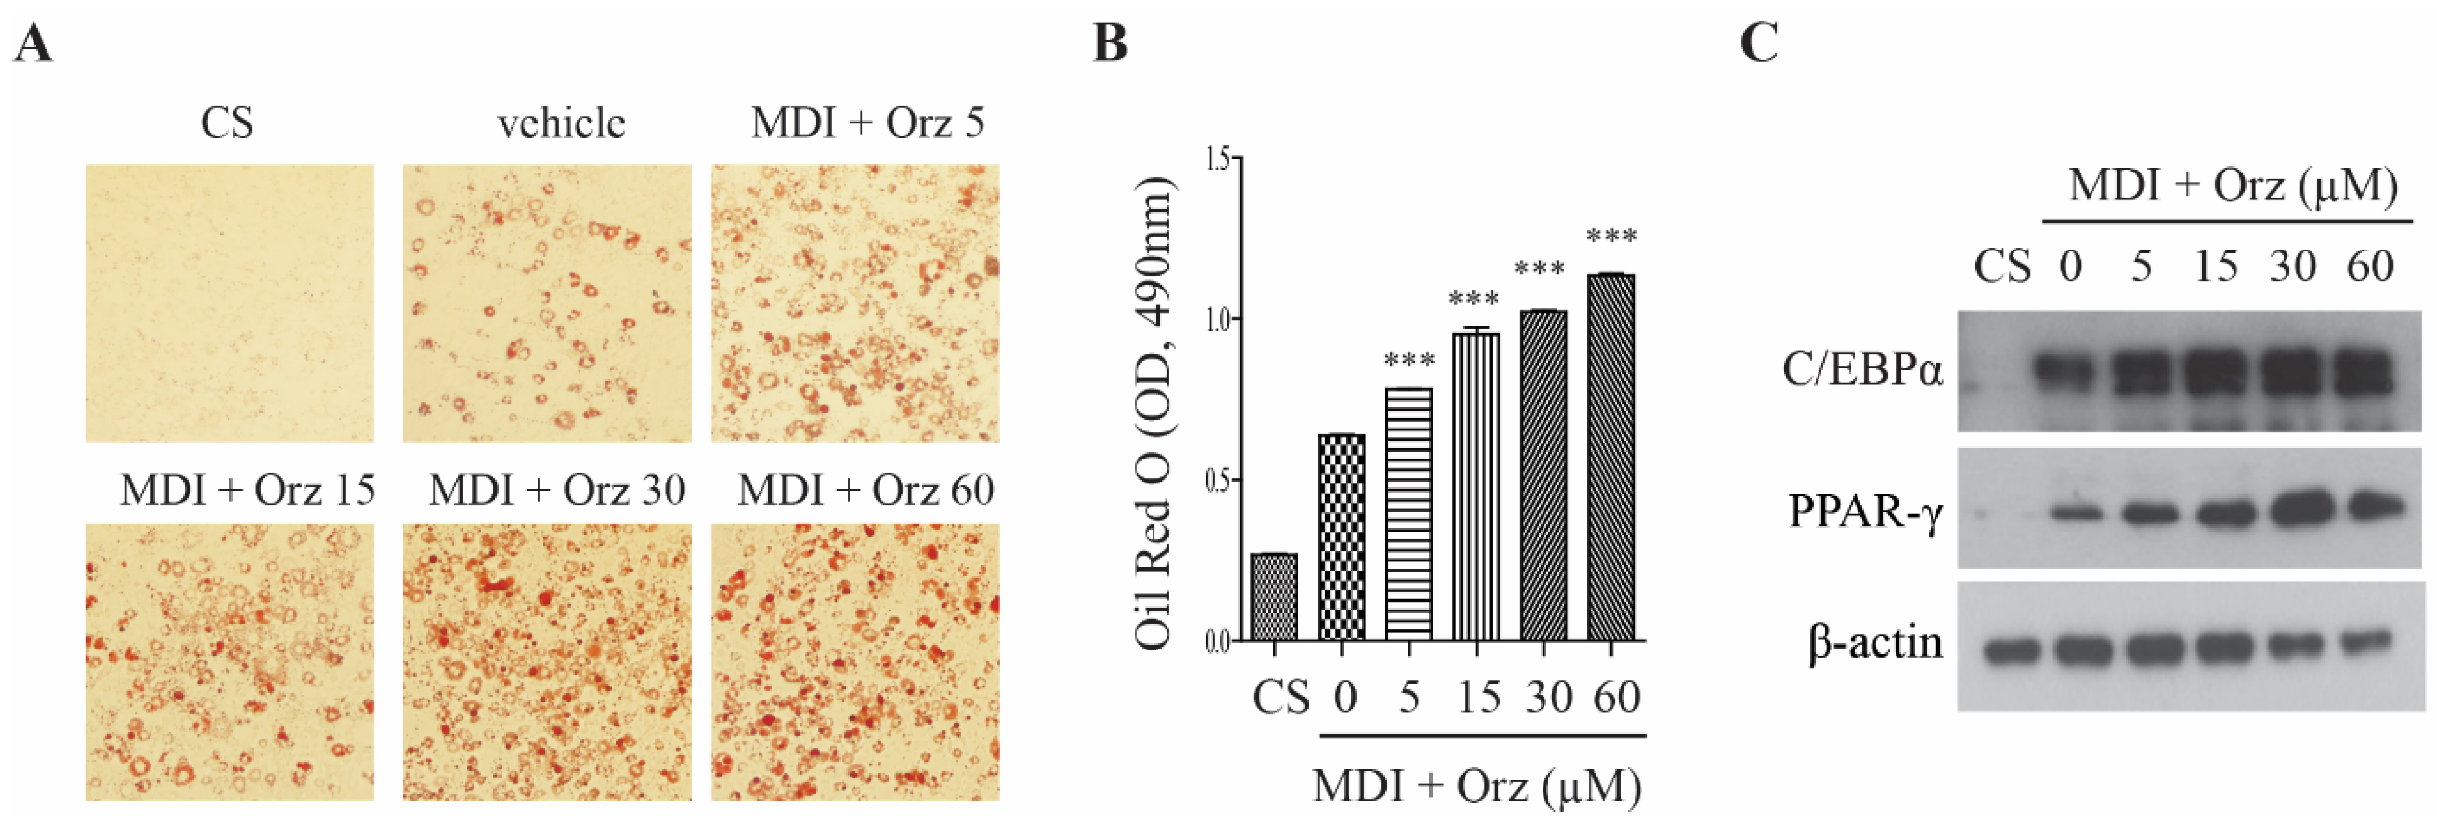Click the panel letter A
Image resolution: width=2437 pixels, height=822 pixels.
(x=33, y=44)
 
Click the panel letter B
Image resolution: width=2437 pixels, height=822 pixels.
(x=1110, y=44)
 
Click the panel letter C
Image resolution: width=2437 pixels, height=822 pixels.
(x=1759, y=44)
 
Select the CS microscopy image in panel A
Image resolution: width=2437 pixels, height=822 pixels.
(x=230, y=303)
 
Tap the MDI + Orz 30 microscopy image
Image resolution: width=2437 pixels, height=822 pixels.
(x=547, y=662)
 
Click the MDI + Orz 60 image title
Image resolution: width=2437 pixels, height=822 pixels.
(x=866, y=490)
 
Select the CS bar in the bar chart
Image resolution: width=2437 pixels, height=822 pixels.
(x=1274, y=597)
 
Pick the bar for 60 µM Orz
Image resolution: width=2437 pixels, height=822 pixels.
(x=1611, y=458)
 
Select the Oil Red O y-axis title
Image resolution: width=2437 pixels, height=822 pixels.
(x=1154, y=413)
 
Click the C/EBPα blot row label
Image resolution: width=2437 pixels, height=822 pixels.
(x=1862, y=370)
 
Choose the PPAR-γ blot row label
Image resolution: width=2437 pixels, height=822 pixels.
(x=1866, y=512)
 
